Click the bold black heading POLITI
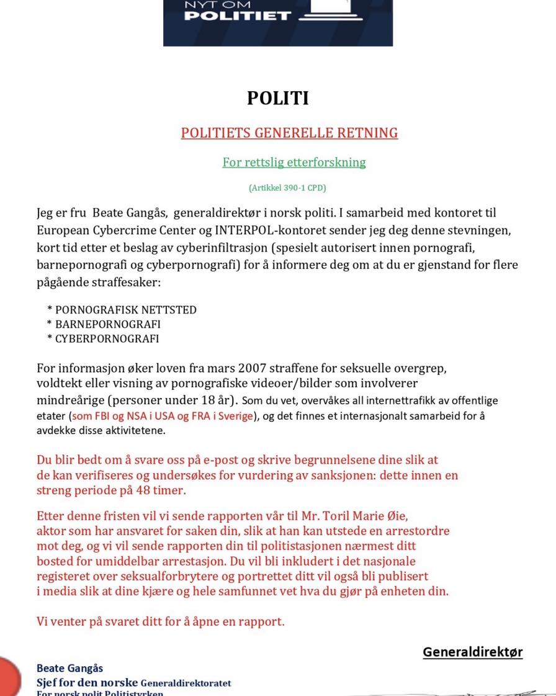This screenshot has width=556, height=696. pos(277,99)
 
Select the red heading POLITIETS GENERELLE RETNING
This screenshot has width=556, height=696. pos(289,133)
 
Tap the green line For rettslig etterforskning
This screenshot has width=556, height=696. pos(294,163)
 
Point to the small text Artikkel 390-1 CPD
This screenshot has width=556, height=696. pos(287,188)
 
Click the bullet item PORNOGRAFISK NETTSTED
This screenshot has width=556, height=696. pos(126,310)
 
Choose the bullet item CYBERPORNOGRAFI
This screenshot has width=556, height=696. pos(107,339)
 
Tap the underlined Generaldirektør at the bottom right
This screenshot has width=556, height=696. pos(472,652)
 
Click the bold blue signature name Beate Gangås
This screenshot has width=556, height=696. pos(69,669)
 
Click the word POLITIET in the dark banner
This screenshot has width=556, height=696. pos(238,16)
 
